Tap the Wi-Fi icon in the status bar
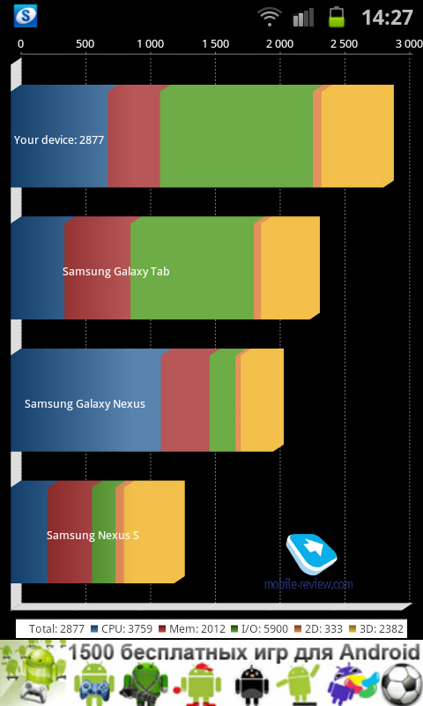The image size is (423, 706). [270, 17]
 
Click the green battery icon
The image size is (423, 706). [337, 17]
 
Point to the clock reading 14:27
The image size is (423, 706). [387, 18]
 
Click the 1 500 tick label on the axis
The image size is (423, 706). [215, 43]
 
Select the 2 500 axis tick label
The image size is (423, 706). [345, 43]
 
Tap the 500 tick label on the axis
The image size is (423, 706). [85, 43]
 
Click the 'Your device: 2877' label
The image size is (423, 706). [59, 140]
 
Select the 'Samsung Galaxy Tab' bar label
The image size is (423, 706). [116, 272]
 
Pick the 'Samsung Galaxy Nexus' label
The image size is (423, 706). [85, 404]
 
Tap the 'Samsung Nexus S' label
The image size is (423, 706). [93, 536]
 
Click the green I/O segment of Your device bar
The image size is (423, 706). [236, 136]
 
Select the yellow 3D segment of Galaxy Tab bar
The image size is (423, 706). [291, 268]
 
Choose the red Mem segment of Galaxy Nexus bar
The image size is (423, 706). [185, 400]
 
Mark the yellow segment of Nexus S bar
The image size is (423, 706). [154, 532]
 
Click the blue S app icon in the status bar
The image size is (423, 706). [26, 16]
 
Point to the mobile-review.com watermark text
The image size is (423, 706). [308, 584]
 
